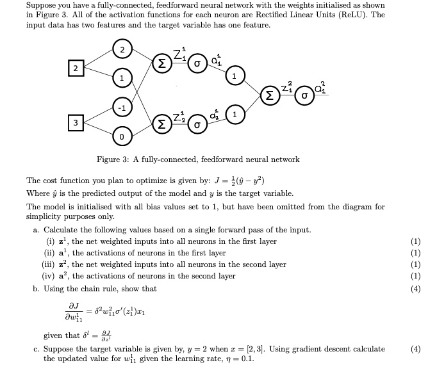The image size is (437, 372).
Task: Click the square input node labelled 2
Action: coord(75,68)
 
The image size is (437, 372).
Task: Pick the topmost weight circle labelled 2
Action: coord(122,49)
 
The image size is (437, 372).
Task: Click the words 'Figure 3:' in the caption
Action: coord(112,159)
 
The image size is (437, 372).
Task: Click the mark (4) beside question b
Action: coord(416,288)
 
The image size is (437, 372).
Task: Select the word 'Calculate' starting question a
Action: coord(62,230)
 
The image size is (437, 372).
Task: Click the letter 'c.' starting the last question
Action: coord(36,349)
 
